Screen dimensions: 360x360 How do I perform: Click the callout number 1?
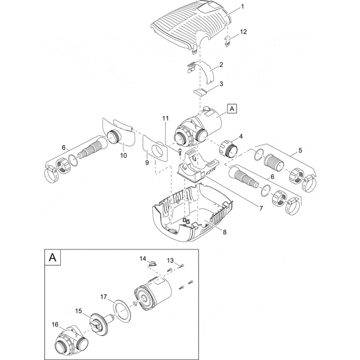pos(243,7)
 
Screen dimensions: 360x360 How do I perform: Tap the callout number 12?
pos(244,32)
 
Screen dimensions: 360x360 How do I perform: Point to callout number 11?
pos(165,119)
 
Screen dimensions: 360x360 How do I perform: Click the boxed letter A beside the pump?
pos(232,109)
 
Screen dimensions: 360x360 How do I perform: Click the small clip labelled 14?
pos(150,263)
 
